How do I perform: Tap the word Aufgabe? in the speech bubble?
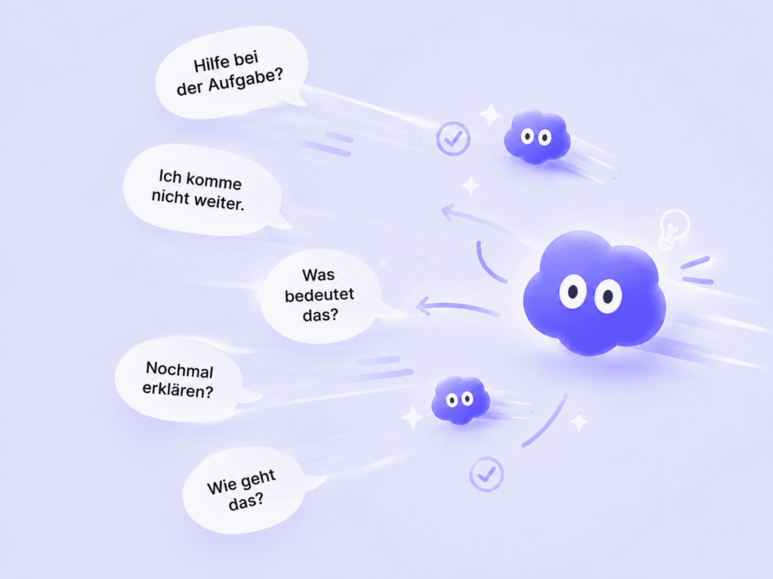(245, 80)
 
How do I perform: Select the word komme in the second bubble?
(214, 181)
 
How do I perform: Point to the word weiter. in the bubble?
(220, 203)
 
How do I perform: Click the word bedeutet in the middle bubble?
(320, 295)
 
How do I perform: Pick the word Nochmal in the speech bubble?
(180, 370)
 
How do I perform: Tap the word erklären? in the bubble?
(178, 391)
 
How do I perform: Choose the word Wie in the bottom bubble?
(219, 487)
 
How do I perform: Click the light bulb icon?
(673, 229)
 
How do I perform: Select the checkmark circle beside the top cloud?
(453, 138)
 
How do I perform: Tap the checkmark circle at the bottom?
(487, 474)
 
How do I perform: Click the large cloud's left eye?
(573, 291)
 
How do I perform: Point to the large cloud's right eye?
(608, 296)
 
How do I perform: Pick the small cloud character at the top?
(537, 136)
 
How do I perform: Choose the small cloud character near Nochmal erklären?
(461, 400)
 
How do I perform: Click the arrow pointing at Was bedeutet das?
(457, 307)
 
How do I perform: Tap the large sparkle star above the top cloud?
(490, 115)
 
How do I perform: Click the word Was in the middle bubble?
(318, 275)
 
